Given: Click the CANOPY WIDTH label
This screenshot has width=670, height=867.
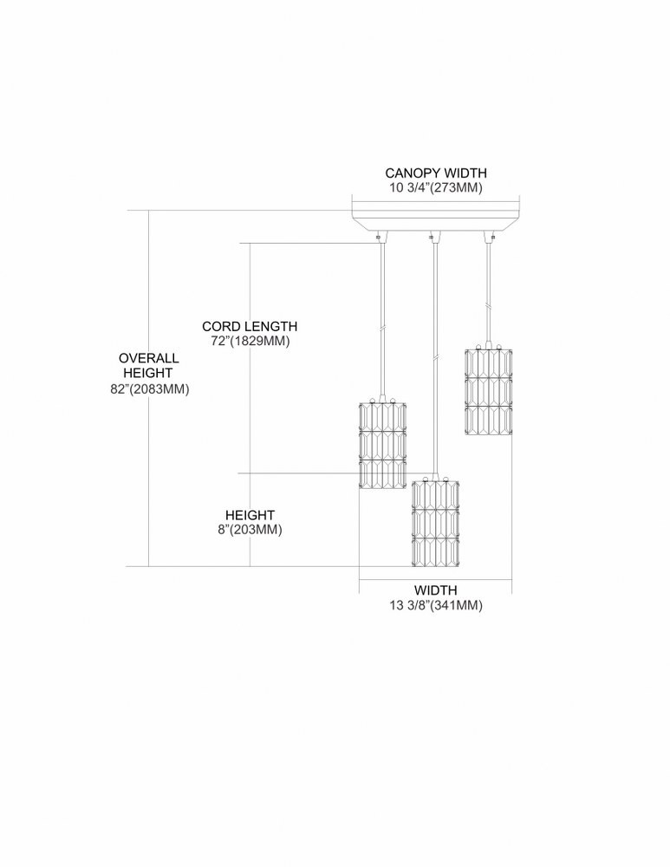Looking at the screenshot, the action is point(436,173).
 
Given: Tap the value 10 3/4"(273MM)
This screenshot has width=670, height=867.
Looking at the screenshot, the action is point(436,187).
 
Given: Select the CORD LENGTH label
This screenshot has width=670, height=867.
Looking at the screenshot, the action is point(250,326).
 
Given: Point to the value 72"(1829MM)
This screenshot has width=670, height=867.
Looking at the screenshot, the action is point(250,341).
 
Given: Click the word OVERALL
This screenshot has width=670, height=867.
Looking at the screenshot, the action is point(149,358).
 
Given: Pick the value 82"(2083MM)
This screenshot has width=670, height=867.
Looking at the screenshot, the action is point(150,388).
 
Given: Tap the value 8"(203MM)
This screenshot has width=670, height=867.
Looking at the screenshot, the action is point(250,530).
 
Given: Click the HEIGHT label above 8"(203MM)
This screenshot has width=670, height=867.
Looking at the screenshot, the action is point(250,515).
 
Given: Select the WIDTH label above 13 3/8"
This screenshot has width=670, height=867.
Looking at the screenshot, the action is point(436,590).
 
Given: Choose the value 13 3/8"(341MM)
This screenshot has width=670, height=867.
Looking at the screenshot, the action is point(436,605).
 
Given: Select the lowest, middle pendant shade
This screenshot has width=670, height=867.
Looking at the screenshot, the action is point(436,521).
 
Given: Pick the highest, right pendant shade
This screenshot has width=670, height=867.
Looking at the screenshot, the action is point(488,390).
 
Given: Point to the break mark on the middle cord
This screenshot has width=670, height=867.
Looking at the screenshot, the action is point(436,358).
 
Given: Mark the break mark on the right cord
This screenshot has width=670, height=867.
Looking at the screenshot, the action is point(488,306).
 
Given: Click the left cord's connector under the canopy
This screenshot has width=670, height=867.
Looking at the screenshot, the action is point(382,237).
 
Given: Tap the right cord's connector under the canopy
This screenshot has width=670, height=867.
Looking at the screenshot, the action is point(488,237).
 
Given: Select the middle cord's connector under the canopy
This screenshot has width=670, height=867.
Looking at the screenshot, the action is point(435,237).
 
